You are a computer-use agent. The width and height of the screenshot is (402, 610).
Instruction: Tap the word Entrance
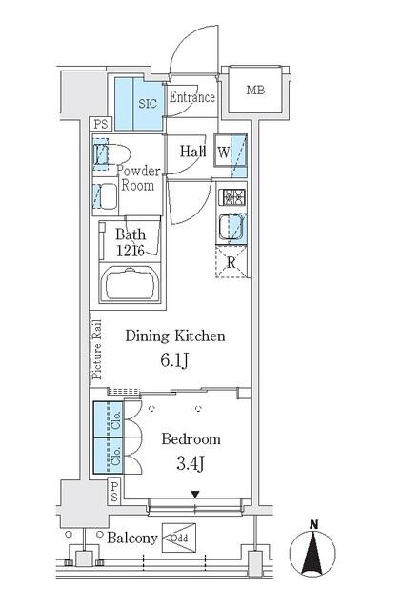[191, 97]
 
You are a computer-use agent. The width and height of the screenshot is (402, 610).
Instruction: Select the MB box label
[255, 91]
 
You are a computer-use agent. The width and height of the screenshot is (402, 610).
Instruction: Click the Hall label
[193, 150]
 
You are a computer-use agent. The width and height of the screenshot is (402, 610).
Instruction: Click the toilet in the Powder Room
[119, 154]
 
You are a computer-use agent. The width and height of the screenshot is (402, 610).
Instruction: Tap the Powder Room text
[136, 178]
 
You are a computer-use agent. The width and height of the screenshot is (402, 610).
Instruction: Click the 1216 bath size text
[130, 250]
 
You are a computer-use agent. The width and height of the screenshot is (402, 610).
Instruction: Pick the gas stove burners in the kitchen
[232, 199]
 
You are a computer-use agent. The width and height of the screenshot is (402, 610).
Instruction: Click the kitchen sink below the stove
[231, 229]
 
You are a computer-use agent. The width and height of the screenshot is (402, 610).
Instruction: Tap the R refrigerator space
[231, 263]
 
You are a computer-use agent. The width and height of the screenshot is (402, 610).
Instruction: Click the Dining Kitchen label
[175, 335]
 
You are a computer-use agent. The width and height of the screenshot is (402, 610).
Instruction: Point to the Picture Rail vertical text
[96, 349]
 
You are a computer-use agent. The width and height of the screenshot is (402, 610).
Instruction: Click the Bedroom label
[191, 439]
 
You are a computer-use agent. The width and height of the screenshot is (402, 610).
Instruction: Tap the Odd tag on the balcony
[180, 539]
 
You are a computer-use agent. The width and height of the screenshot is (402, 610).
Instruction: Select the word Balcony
[131, 539]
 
